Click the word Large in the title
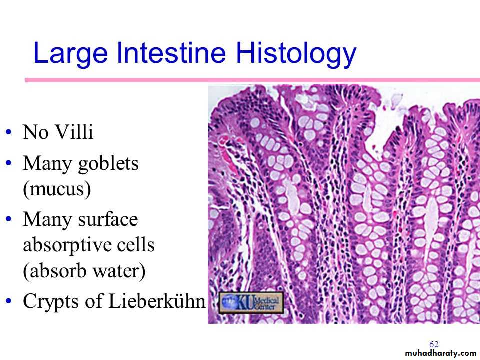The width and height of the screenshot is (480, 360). pos(70,54)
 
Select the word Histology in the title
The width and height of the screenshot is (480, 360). pos(296,54)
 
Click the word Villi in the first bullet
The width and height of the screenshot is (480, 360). pos(74,132)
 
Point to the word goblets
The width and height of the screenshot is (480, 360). pos(108,164)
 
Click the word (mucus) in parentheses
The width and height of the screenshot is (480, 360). pos(57,189)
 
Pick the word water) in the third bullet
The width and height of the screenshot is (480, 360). pos(119,271)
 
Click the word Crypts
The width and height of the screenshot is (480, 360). pos(51,301)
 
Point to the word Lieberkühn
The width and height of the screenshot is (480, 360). pos(157,300)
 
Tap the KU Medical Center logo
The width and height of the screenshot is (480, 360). pos(251,303)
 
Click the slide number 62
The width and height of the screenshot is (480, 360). pos(434,344)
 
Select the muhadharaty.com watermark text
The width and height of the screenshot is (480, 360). pos(441,353)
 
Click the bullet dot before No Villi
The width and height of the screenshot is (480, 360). pos(9,132)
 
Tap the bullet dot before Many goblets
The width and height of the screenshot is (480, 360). pos(9,163)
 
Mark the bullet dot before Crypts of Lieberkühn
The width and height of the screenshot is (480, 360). pos(9,301)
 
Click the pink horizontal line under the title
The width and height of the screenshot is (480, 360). pos(252,80)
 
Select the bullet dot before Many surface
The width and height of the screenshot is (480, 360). pos(9,219)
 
